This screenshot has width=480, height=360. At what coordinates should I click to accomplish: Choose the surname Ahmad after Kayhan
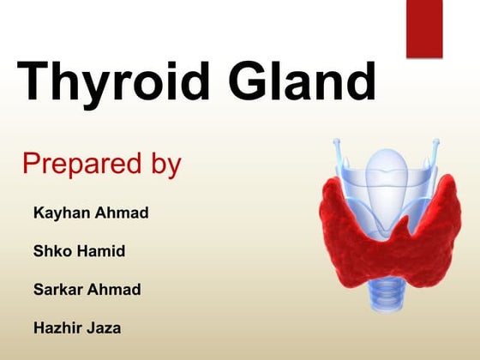coord(123,213)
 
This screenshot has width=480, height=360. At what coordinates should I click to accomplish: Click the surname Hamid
coord(103,251)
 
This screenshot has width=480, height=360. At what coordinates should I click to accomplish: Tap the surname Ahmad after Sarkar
coord(115,289)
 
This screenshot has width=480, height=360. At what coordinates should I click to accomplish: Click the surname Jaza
coord(102,327)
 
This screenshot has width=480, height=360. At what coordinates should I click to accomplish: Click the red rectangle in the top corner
coord(424,27)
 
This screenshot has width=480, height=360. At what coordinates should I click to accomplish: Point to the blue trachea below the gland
coord(390,296)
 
